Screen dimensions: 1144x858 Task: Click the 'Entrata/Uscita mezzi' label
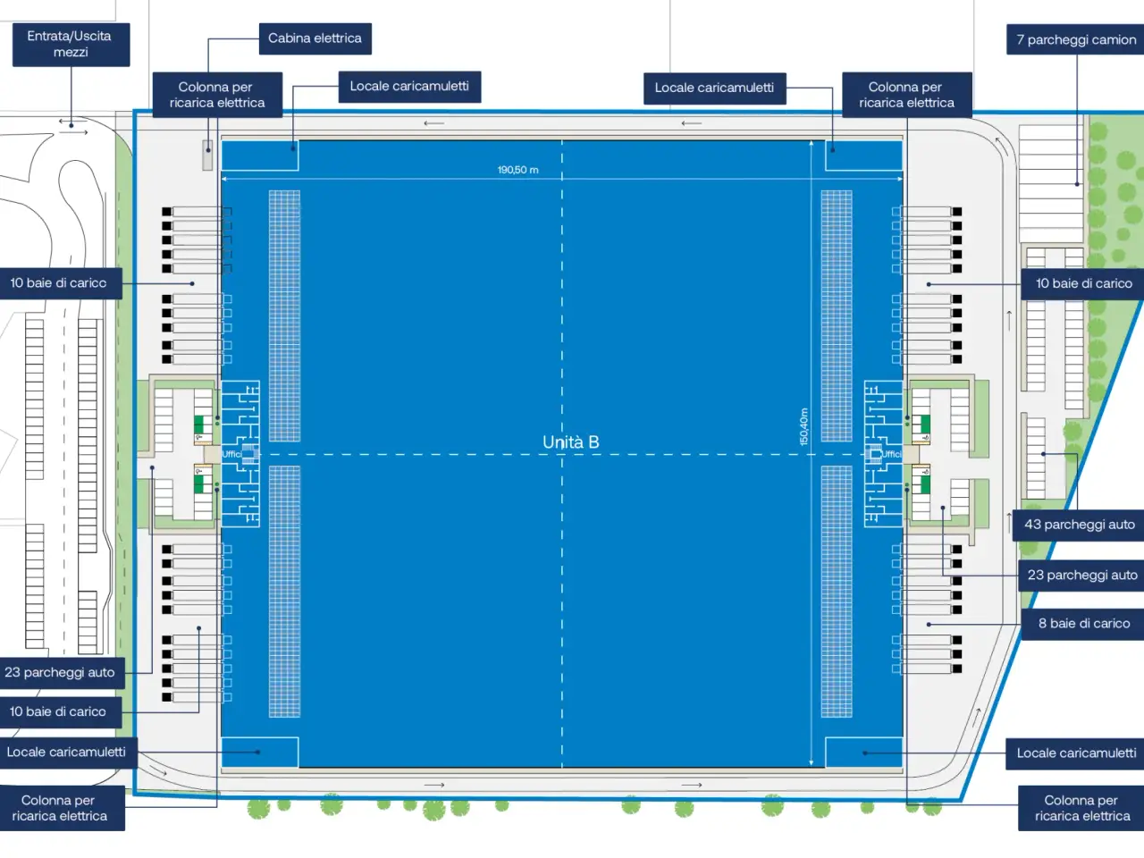pos(71,45)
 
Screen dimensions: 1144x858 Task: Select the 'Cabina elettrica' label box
pos(315,38)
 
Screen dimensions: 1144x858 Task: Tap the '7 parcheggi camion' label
pos(1075,39)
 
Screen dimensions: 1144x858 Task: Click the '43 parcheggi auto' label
pos(1079,525)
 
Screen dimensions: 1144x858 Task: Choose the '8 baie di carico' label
pos(1083,624)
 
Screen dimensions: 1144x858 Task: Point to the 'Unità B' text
pos(571,442)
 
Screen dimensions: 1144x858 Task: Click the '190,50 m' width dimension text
pos(517,170)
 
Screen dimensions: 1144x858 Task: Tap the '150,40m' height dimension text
pos(803,426)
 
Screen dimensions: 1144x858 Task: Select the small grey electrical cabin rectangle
pos(207,155)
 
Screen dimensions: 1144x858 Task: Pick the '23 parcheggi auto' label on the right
pos(1081,575)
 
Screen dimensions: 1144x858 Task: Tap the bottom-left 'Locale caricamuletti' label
pos(68,753)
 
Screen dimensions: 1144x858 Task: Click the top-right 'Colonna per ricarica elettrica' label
pos(907,95)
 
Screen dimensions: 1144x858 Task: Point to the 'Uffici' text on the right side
pos(891,454)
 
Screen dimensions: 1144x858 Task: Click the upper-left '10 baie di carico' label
pos(60,283)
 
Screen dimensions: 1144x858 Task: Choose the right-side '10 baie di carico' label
pos(1082,284)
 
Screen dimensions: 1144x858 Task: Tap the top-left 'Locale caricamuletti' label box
pos(409,87)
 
